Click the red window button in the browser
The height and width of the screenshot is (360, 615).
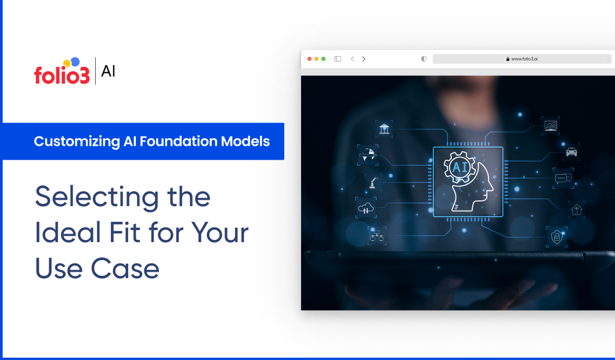tap(309, 59)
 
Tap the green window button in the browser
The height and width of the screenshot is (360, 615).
tap(323, 59)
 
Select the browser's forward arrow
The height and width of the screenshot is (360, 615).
tap(364, 59)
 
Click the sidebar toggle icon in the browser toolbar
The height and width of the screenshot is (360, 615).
tap(338, 59)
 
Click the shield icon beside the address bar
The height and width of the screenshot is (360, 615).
tap(424, 59)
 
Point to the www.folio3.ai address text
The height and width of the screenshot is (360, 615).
tap(524, 59)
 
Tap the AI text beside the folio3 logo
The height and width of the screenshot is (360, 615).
tap(108, 71)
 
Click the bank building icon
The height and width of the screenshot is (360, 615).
tap(384, 128)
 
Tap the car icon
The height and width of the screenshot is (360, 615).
tap(571, 152)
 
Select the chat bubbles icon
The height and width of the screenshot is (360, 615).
tap(562, 178)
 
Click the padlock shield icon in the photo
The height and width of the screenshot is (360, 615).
tap(556, 236)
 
